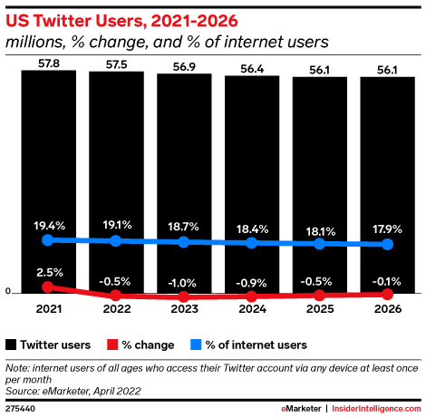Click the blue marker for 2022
(x=116, y=240)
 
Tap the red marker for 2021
(x=48, y=287)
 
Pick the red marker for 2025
(x=320, y=295)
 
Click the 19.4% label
(x=48, y=224)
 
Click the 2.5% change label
(x=48, y=272)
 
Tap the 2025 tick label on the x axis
(x=320, y=309)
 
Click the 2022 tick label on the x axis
(x=116, y=309)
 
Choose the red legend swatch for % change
(x=112, y=345)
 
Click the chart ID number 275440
(x=20, y=410)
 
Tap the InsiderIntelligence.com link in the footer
(x=376, y=410)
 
